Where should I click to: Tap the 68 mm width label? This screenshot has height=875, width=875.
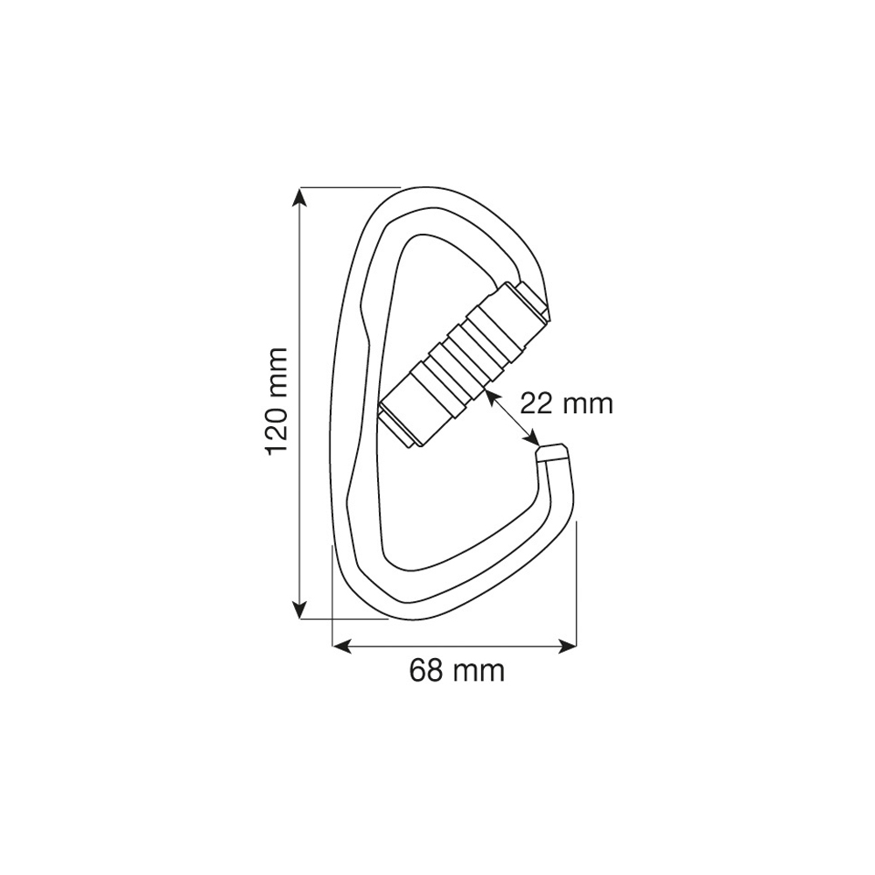[x=457, y=671]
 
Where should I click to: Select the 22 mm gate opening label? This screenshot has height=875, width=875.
[x=566, y=403]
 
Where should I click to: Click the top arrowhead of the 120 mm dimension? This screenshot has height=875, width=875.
[x=300, y=198]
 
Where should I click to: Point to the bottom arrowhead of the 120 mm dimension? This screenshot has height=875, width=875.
[x=300, y=606]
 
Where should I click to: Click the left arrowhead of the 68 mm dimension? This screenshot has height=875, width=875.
[x=344, y=647]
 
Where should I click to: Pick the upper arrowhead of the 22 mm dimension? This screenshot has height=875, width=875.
[x=491, y=397]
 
